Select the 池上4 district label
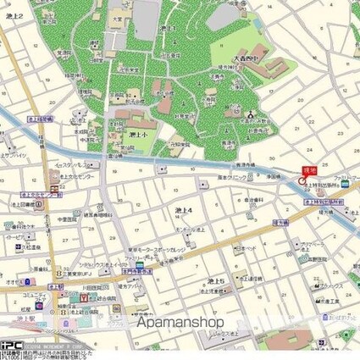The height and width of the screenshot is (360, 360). (184, 210)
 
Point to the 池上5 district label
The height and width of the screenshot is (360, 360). (215, 280)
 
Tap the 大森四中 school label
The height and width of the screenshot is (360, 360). (245, 58)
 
